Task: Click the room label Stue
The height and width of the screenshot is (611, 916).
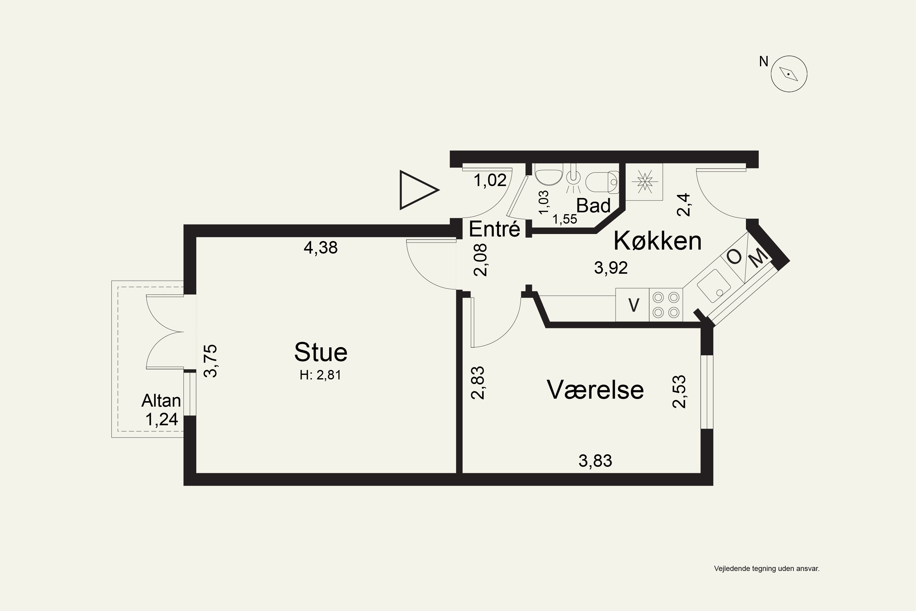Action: pos(321,352)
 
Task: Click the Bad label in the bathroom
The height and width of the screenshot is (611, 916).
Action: pos(593,205)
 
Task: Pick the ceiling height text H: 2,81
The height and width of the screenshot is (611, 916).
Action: pos(320,375)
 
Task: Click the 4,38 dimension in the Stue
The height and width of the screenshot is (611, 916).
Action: pos(321,247)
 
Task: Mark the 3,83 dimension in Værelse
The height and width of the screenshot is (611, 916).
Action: pos(595,461)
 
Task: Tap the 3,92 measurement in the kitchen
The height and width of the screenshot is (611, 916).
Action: pos(611,268)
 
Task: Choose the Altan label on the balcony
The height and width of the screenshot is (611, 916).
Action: pos(161,401)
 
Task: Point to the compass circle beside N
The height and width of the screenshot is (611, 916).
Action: pos(789,74)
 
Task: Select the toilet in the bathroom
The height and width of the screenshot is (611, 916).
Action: pos(602,182)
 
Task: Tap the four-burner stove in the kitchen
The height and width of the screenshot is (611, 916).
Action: pos(666,305)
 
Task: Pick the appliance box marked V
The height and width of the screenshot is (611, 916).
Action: pos(632,305)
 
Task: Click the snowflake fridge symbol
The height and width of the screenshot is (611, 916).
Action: pos(644,181)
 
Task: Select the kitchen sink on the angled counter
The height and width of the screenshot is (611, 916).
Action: pos(714,286)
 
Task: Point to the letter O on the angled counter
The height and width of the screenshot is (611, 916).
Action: pos(735,257)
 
